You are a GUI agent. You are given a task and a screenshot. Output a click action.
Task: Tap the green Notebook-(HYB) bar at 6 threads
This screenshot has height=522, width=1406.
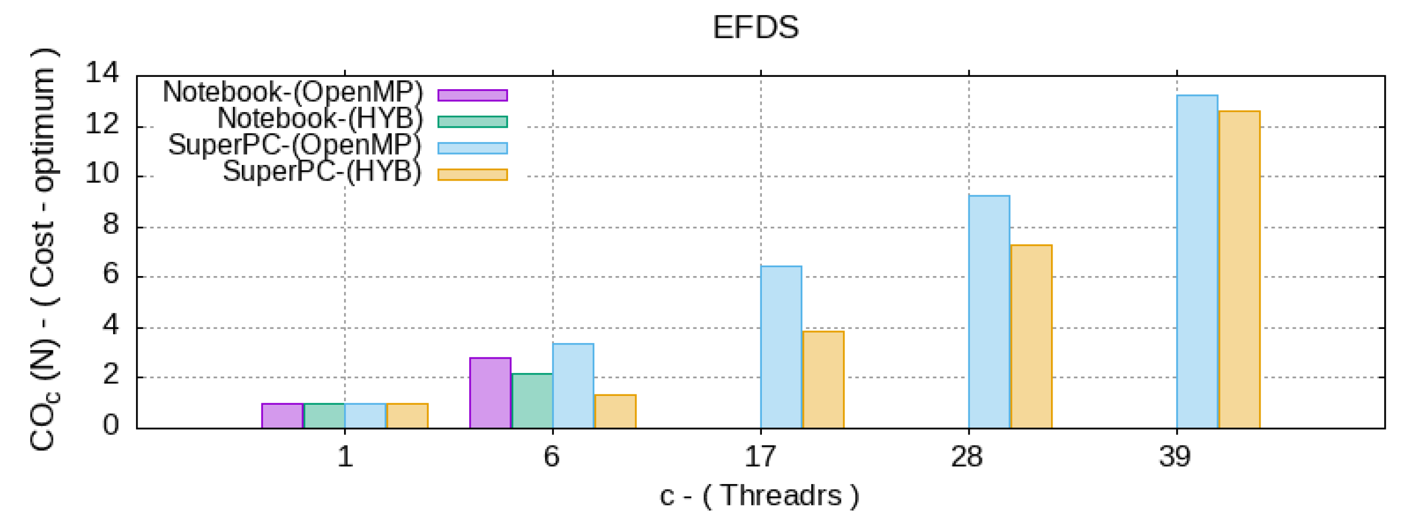pyautogui.click(x=532, y=401)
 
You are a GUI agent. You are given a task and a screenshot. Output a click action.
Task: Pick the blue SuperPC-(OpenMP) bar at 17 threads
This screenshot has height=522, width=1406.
pyautogui.click(x=781, y=347)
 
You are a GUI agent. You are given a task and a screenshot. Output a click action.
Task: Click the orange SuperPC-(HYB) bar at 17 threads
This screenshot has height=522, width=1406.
pyautogui.click(x=823, y=380)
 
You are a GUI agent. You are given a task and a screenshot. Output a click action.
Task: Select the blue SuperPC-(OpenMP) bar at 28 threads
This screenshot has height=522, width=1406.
pyautogui.click(x=989, y=311)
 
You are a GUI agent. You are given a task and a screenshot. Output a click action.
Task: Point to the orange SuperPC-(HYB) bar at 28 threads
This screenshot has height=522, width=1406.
pyautogui.click(x=1031, y=337)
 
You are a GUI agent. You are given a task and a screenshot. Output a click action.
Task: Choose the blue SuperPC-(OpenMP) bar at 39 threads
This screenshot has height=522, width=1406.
pyautogui.click(x=1197, y=262)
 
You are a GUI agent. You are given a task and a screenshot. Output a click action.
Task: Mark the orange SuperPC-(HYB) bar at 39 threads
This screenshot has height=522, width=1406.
pyautogui.click(x=1239, y=269)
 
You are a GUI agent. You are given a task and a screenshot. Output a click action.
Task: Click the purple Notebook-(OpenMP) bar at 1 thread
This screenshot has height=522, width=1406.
pyautogui.click(x=282, y=416)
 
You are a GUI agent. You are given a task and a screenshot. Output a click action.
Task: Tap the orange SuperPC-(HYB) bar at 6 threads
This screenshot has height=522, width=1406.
pyautogui.click(x=615, y=411)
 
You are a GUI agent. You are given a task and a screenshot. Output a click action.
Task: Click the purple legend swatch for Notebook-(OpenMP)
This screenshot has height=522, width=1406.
pyautogui.click(x=473, y=95)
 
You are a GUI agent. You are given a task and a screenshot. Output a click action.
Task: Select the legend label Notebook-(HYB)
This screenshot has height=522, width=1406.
pyautogui.click(x=320, y=118)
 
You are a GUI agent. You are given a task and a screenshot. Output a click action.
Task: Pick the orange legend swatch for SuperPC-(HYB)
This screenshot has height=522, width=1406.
pyautogui.click(x=473, y=174)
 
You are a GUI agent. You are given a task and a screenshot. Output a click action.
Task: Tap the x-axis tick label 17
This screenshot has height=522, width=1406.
pyautogui.click(x=760, y=457)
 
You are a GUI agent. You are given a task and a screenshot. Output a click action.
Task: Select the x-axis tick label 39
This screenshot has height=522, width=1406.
pyautogui.click(x=1175, y=457)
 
